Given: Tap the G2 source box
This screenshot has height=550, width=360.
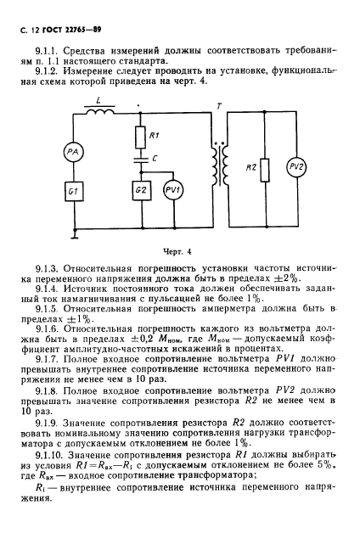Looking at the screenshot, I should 140,191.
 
